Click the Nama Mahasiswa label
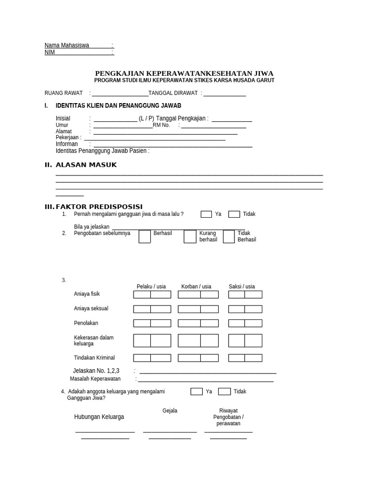click(67, 46)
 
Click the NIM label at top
click(50, 53)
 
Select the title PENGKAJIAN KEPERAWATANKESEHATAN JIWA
click(184, 73)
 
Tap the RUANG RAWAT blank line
click(120, 94)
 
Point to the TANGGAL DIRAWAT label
click(173, 94)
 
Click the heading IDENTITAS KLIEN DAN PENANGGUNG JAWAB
click(119, 105)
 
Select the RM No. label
click(161, 126)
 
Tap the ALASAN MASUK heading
click(86, 165)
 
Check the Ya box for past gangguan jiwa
click(206, 214)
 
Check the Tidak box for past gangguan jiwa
click(234, 214)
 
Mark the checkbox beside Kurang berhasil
click(190, 236)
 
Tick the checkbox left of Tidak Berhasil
click(229, 236)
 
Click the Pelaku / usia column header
click(151, 287)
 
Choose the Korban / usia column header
click(196, 287)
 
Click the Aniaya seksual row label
click(91, 309)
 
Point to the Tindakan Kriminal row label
click(95, 358)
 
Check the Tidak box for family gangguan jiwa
click(224, 392)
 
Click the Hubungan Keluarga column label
click(99, 417)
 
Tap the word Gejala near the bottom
click(170, 411)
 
